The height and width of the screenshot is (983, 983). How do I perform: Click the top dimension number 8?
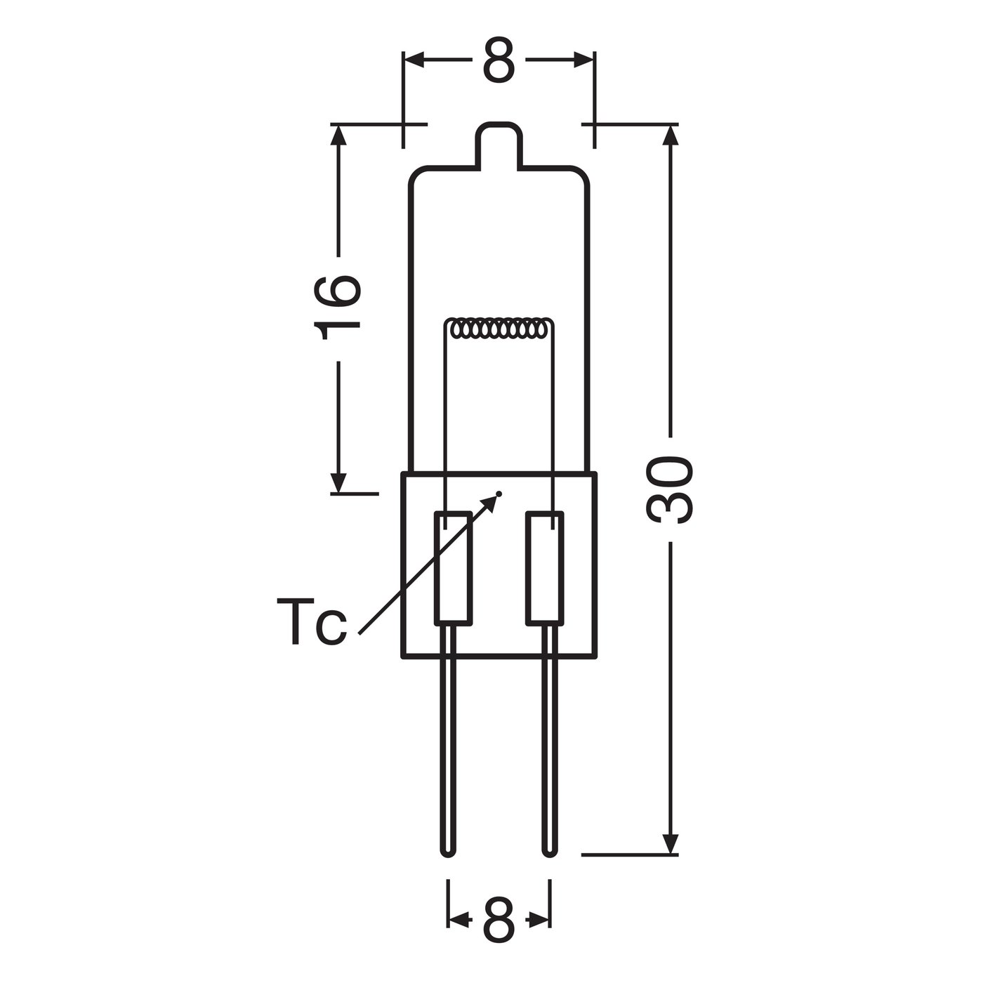coord(499,60)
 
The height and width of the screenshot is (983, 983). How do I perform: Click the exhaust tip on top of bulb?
coord(499,144)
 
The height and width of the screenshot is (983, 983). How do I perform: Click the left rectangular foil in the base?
coord(453,568)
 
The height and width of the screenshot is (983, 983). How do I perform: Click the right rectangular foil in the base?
coord(545,568)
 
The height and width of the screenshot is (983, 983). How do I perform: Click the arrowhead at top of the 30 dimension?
coord(671,137)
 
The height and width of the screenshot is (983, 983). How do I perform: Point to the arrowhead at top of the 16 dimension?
coord(339,137)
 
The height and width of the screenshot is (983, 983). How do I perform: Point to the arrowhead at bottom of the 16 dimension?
coord(339,482)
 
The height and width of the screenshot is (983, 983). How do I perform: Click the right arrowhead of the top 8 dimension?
coord(583,60)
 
